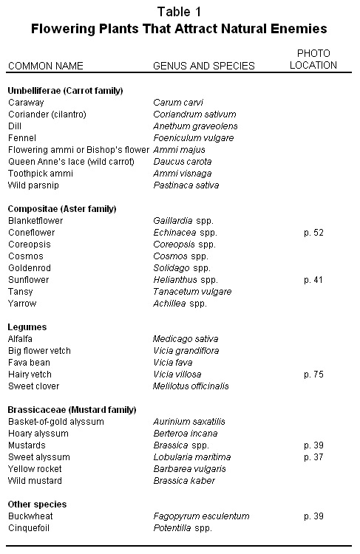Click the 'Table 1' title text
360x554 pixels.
[180, 11]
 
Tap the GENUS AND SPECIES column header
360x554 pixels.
[203, 66]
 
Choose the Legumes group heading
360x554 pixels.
[27, 326]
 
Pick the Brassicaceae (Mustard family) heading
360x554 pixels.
[72, 409]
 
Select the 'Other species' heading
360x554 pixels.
[37, 504]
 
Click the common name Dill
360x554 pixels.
[16, 126]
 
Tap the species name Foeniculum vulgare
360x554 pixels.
[189, 137]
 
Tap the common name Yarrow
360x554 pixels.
[21, 303]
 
